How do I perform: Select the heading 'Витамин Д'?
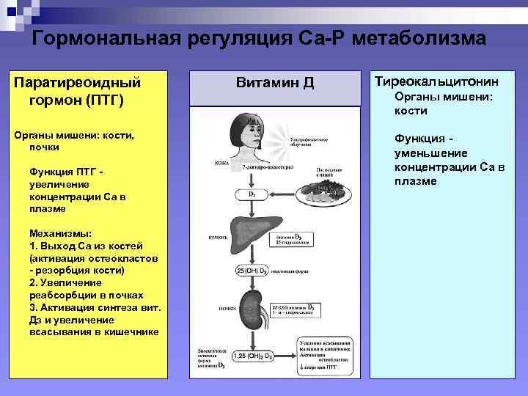tap(274, 83)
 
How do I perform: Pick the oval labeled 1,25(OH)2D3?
tap(253, 356)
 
